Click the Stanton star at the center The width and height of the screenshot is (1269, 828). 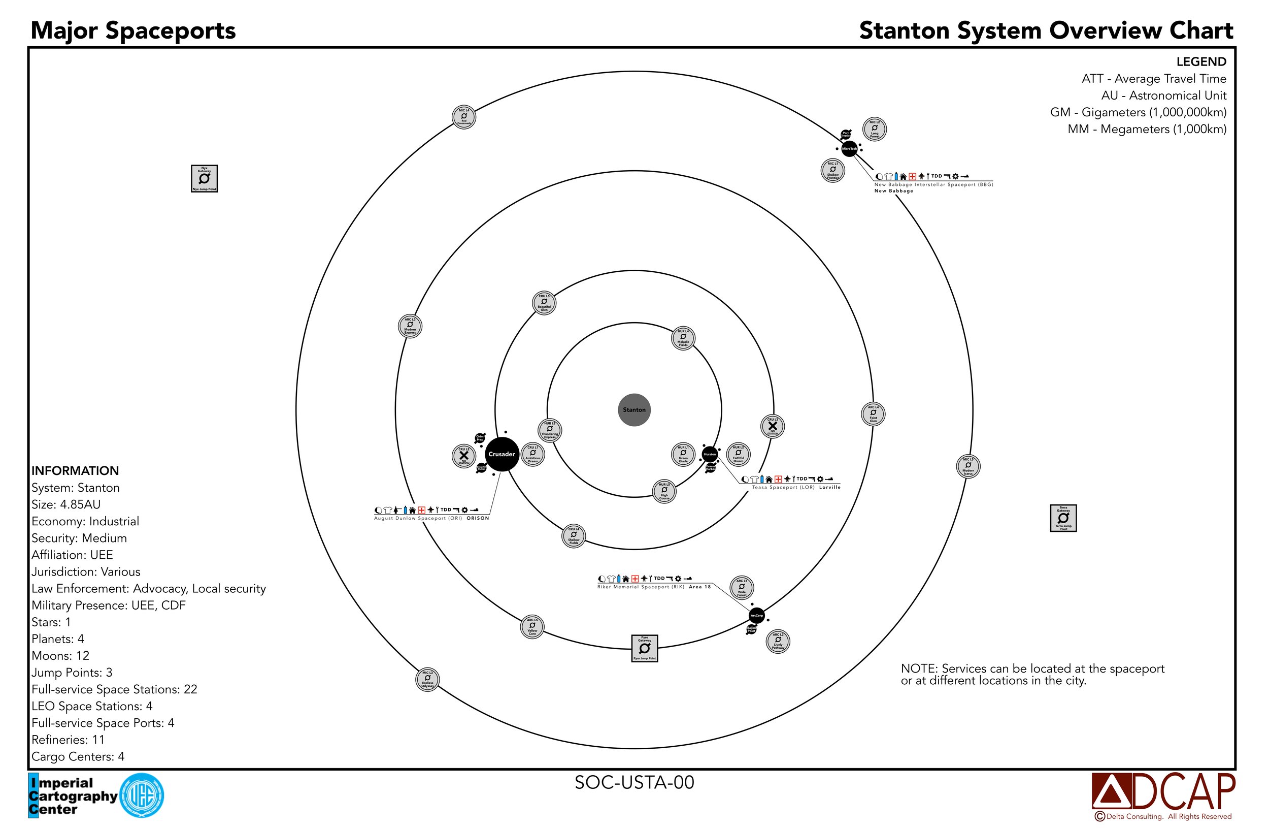tap(634, 410)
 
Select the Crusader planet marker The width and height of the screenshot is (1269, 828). tap(502, 454)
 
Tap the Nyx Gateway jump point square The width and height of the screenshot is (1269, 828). tap(204, 178)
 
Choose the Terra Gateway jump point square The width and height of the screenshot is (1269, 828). tap(1063, 518)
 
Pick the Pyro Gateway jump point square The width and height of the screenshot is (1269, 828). tap(644, 648)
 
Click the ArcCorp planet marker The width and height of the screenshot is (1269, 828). tap(757, 615)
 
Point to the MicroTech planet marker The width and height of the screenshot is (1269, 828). tap(849, 148)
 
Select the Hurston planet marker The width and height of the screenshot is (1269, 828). tap(710, 455)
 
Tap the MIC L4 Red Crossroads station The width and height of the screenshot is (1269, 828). tap(464, 117)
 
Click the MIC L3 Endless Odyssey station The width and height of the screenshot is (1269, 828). tap(427, 680)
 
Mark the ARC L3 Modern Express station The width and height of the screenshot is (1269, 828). tap(410, 326)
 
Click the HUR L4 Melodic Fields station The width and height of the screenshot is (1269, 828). tap(683, 338)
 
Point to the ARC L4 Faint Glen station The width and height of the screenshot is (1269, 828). tap(873, 413)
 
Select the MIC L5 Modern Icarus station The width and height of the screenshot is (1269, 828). tap(969, 466)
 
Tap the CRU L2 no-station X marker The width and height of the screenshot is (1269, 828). tap(463, 456)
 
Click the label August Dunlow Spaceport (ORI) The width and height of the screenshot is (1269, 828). tap(418, 518)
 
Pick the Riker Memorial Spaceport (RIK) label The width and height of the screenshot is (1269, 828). tap(641, 587)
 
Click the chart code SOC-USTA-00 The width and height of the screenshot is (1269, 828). tap(634, 782)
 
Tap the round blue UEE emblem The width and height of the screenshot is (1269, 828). tap(141, 795)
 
